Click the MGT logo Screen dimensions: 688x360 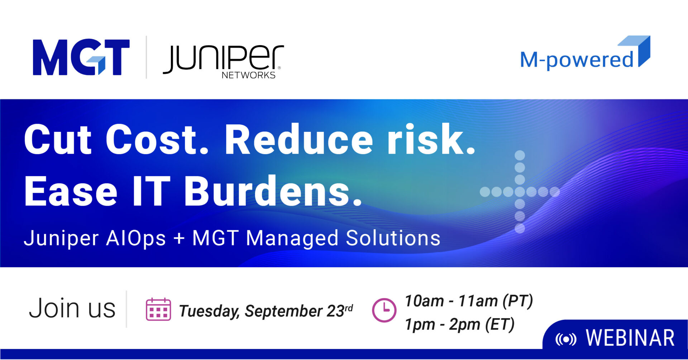click(x=81, y=57)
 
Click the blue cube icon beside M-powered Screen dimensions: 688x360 click(x=635, y=51)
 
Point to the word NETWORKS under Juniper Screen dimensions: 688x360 click(x=248, y=75)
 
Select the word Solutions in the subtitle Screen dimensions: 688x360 click(x=393, y=238)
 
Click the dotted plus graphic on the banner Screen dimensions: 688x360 click(x=520, y=192)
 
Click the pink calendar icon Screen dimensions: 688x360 click(x=158, y=309)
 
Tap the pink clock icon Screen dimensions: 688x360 click(x=384, y=310)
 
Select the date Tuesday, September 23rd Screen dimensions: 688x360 click(x=266, y=311)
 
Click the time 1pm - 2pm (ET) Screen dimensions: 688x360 click(x=459, y=325)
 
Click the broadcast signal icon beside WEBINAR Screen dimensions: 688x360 click(x=566, y=339)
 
